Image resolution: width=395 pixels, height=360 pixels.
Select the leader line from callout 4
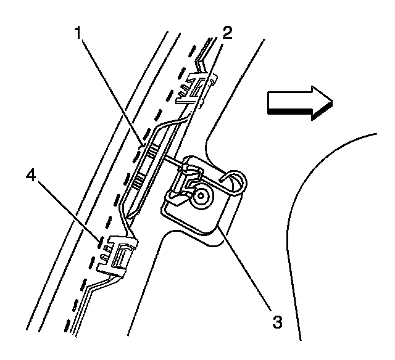(x=68, y=210)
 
